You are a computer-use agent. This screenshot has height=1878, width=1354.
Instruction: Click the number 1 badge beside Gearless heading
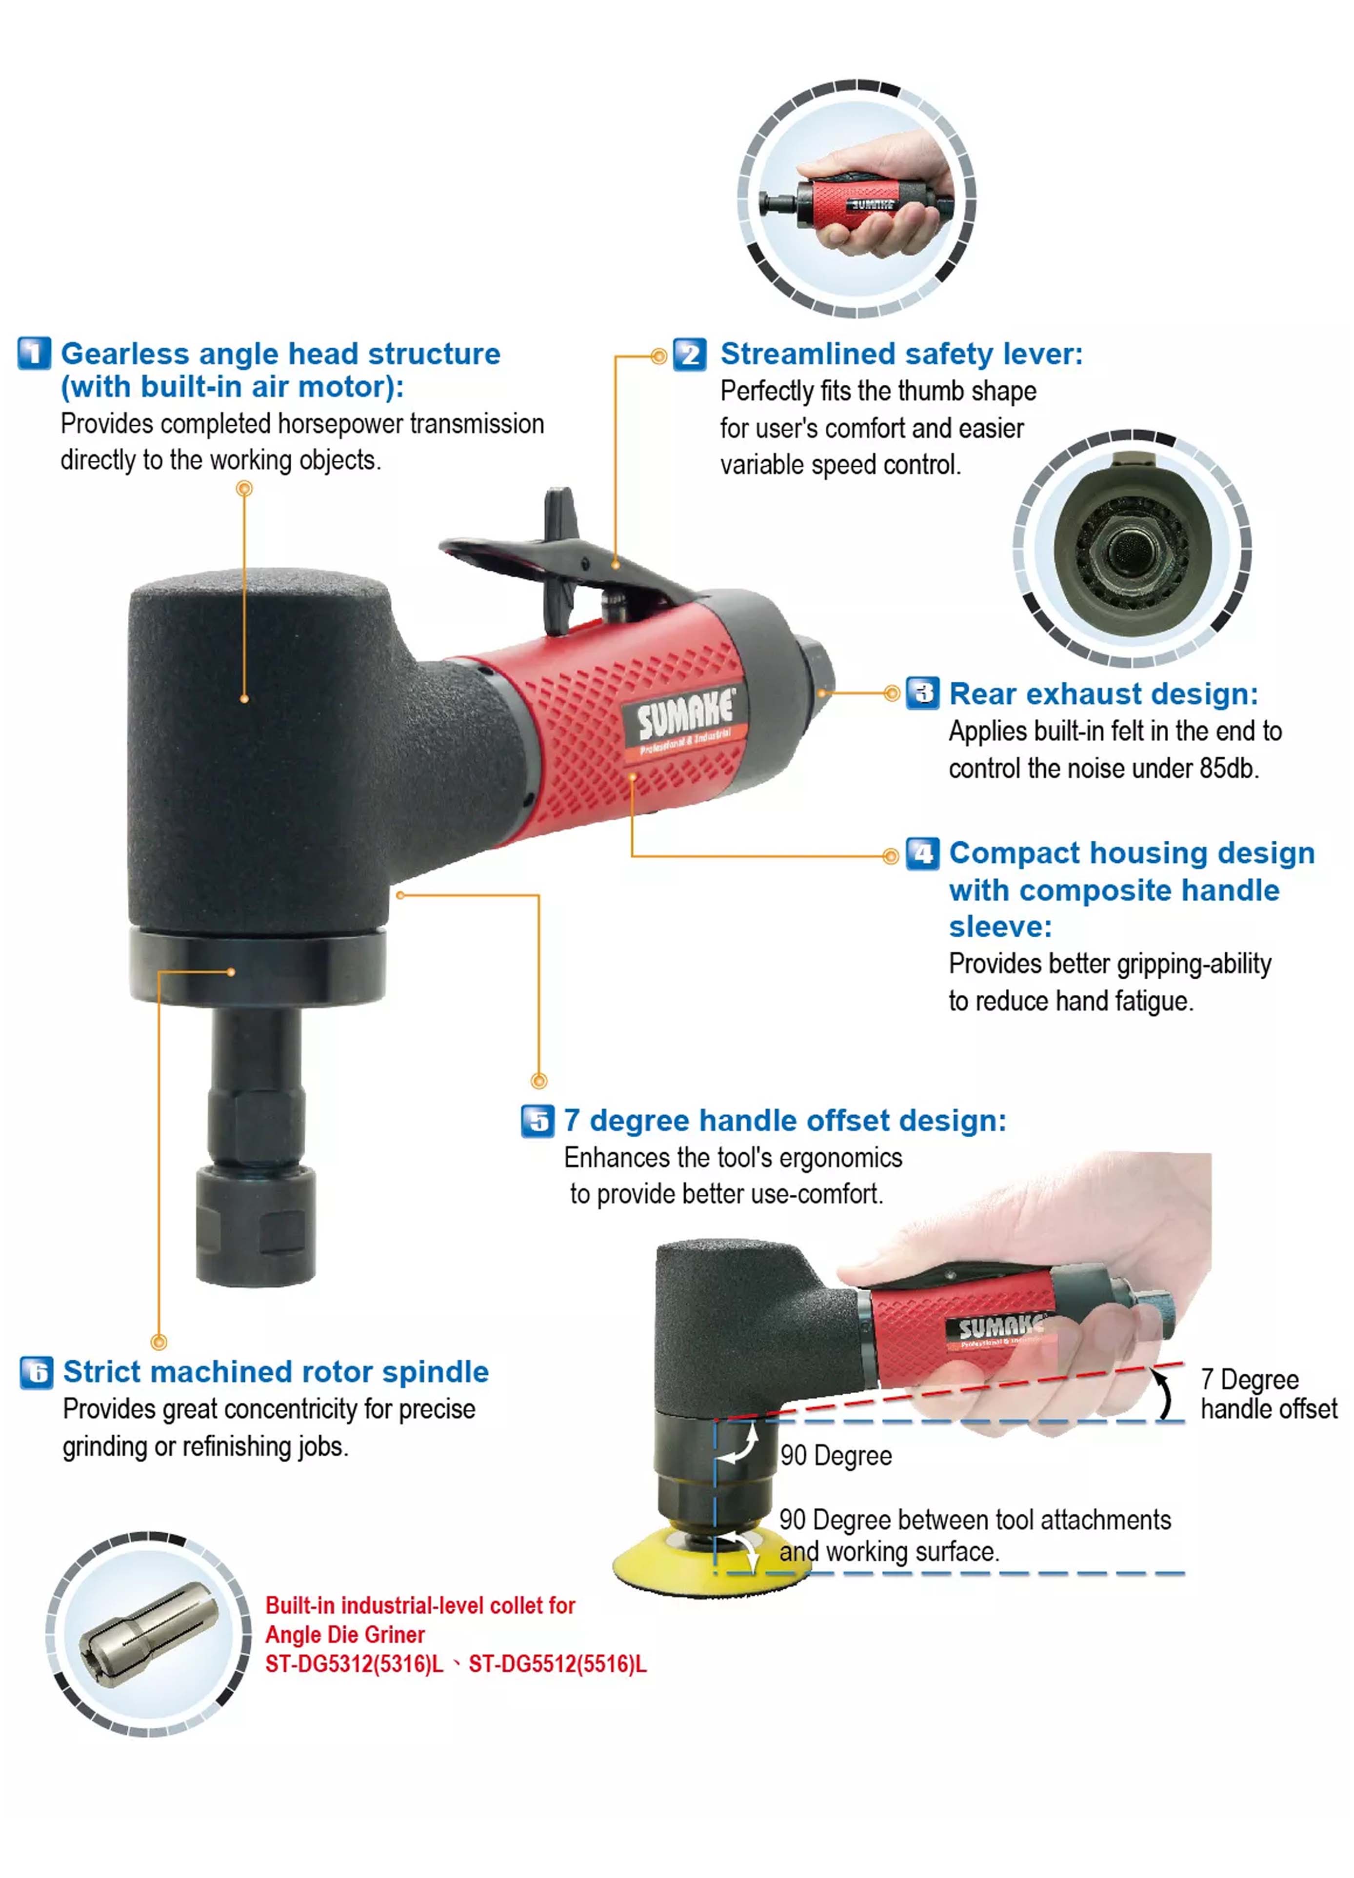coord(34,354)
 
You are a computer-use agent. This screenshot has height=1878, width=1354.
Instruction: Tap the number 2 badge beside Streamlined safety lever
coord(689,355)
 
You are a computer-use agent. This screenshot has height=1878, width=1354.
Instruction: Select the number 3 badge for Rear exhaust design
coord(922,693)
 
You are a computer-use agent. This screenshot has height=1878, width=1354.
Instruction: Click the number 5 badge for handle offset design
coord(538,1121)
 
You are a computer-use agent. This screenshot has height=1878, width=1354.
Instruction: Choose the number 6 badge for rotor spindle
coord(37,1373)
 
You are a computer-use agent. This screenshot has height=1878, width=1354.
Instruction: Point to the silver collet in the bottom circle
coord(149,1635)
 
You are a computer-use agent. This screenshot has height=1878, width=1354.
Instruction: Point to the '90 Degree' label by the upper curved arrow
coord(836,1456)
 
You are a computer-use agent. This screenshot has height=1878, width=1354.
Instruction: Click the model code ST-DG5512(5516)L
coord(558,1664)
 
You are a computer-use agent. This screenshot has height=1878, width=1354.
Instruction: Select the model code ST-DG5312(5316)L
coord(355,1664)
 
